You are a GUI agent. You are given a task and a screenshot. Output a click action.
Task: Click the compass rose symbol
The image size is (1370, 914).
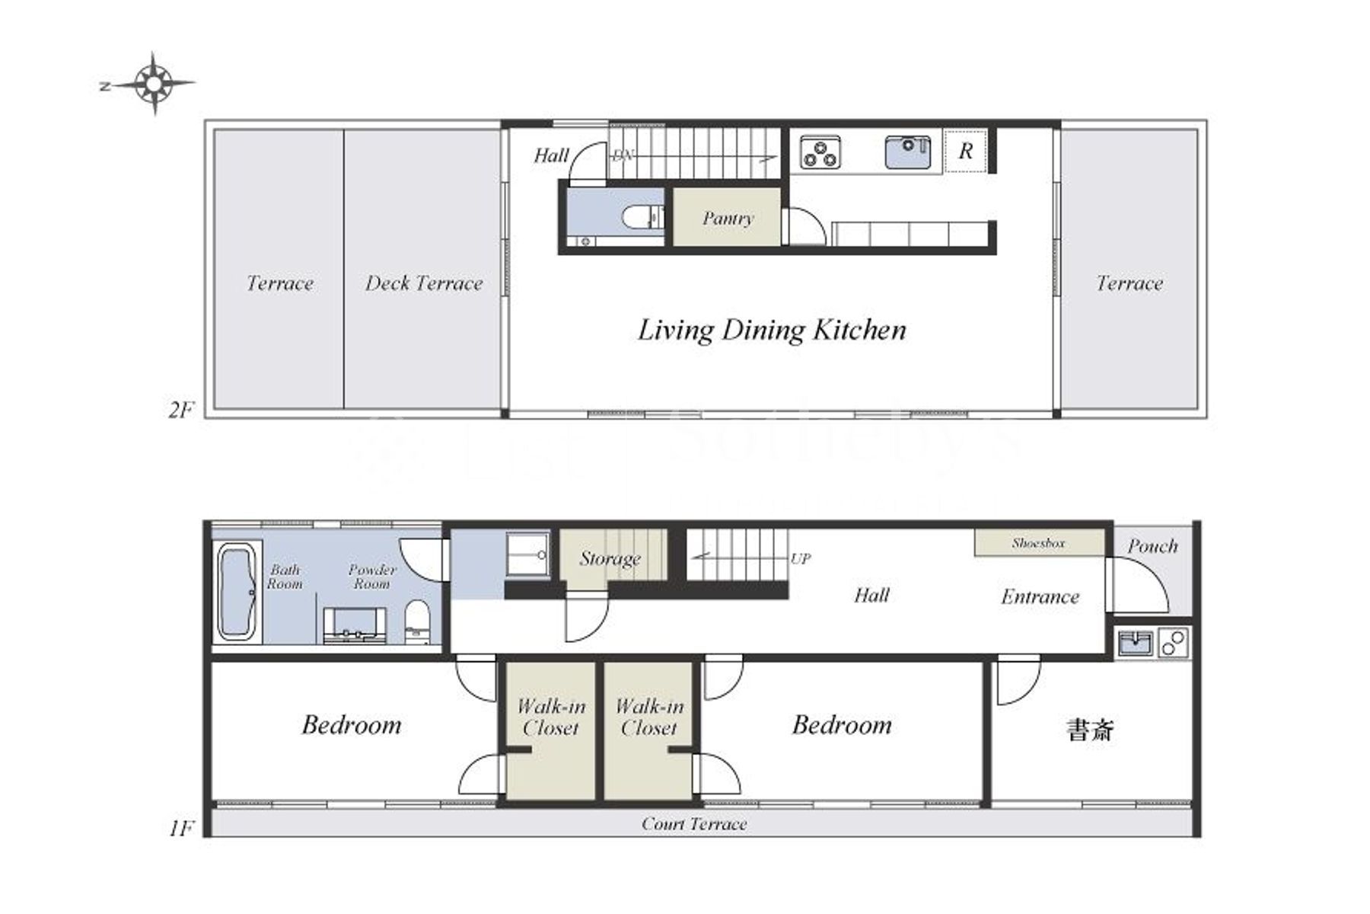pos(155,83)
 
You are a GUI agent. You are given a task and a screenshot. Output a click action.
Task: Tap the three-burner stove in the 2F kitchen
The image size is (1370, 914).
pos(820,153)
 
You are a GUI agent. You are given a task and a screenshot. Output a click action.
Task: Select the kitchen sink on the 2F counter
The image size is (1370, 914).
pos(907,152)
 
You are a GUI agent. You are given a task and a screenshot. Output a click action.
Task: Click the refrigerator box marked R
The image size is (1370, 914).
pos(965,151)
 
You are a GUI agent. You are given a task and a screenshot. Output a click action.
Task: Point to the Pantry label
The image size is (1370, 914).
pos(728,219)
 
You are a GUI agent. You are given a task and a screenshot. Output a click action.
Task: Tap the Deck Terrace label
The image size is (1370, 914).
pos(424,283)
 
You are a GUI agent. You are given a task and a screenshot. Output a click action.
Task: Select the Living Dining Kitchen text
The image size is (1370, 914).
pos(772,331)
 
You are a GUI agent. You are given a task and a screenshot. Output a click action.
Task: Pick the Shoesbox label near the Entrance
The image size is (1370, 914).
pos(1039,543)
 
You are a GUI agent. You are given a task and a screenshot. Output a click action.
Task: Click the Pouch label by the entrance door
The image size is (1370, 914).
pos(1152,546)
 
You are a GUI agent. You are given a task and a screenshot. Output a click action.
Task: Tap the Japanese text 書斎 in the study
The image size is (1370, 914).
pos(1091,730)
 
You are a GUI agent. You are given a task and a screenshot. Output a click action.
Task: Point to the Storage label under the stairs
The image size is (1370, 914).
pos(610,558)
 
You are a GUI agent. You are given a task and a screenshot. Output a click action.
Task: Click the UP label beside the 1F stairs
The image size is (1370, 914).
pos(800,558)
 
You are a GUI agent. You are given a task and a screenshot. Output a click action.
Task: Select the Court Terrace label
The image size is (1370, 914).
pos(694,823)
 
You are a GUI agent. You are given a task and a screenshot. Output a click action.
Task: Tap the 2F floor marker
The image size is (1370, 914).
pos(181,410)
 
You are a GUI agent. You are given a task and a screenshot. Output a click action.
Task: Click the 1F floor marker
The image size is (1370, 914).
pos(181,828)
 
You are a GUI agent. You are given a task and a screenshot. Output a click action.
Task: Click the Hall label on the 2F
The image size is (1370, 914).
pos(551,155)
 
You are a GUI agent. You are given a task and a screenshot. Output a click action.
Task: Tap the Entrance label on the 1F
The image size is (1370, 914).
pos(1040,596)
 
